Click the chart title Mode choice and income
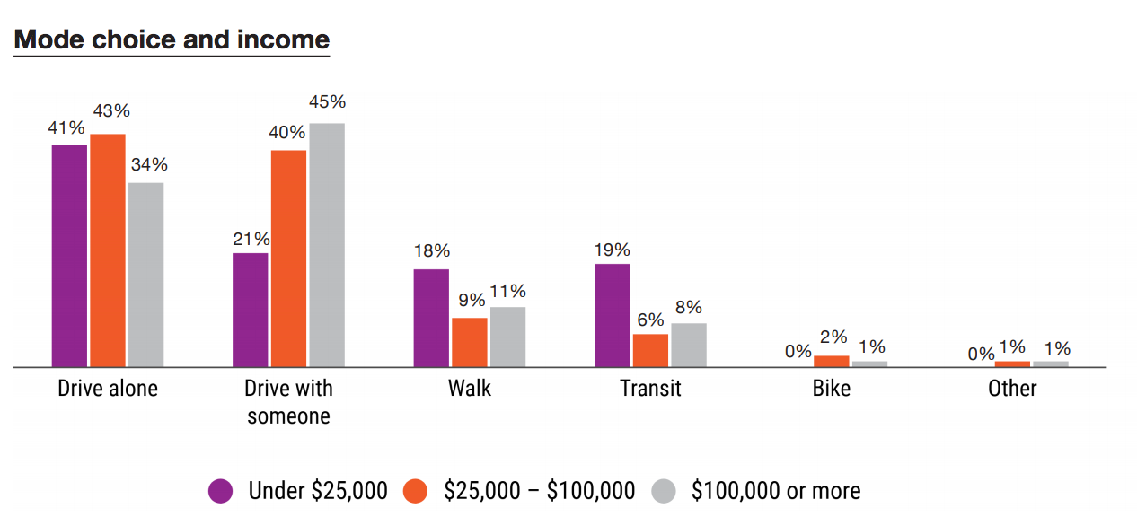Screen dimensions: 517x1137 click(x=172, y=40)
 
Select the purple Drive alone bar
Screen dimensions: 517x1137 click(x=69, y=256)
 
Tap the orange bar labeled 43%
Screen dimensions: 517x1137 click(x=108, y=250)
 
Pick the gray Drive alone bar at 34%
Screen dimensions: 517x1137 click(x=146, y=275)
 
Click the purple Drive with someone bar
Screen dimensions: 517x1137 click(x=251, y=310)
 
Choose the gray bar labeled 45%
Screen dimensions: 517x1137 click(x=327, y=245)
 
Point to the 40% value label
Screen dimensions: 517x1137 click(x=288, y=133)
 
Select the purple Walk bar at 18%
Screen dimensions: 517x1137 click(x=431, y=318)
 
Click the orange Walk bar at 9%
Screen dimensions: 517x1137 click(x=470, y=342)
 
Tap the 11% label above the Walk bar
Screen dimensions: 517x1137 click(x=507, y=291)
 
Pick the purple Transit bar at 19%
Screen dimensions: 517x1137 click(x=612, y=315)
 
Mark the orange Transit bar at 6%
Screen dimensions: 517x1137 click(x=650, y=350)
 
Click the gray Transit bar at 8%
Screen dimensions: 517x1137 click(x=689, y=345)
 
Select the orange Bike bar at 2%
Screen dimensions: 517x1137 click(x=831, y=361)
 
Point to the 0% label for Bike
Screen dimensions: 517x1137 click(x=798, y=352)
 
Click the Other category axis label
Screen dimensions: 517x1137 click(x=1012, y=389)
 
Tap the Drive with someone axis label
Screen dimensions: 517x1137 click(x=288, y=402)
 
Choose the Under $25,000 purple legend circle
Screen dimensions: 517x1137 click(x=220, y=491)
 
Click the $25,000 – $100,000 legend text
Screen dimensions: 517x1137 click(x=539, y=491)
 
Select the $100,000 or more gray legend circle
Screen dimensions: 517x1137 click(x=663, y=491)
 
